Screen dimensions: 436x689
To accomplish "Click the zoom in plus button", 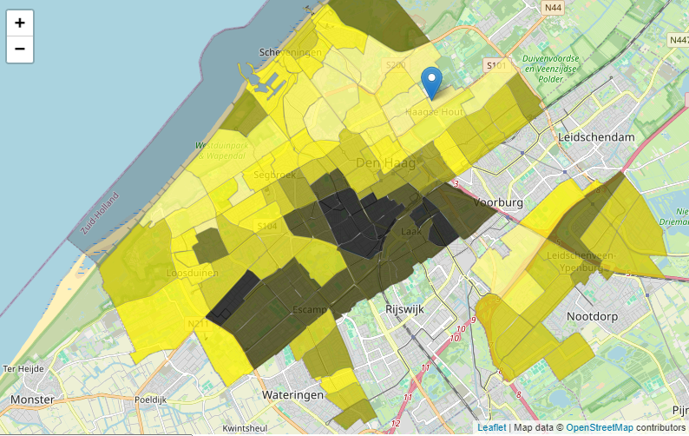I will coord(20,23).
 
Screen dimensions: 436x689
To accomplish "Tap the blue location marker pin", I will coord(431,83).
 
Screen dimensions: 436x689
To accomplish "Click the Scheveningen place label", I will coord(291,53).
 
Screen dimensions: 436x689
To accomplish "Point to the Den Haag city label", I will coord(386,163).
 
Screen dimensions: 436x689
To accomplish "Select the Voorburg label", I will coord(501,202).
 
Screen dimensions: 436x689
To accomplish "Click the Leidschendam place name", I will coord(597,137).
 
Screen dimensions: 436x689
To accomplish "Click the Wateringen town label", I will coord(292,394).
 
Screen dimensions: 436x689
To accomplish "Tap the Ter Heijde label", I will coord(23,368).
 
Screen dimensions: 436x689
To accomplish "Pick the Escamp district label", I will coord(310,310).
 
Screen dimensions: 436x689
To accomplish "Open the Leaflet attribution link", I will coord(491,428).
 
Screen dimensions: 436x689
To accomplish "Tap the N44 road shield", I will coord(553,7).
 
